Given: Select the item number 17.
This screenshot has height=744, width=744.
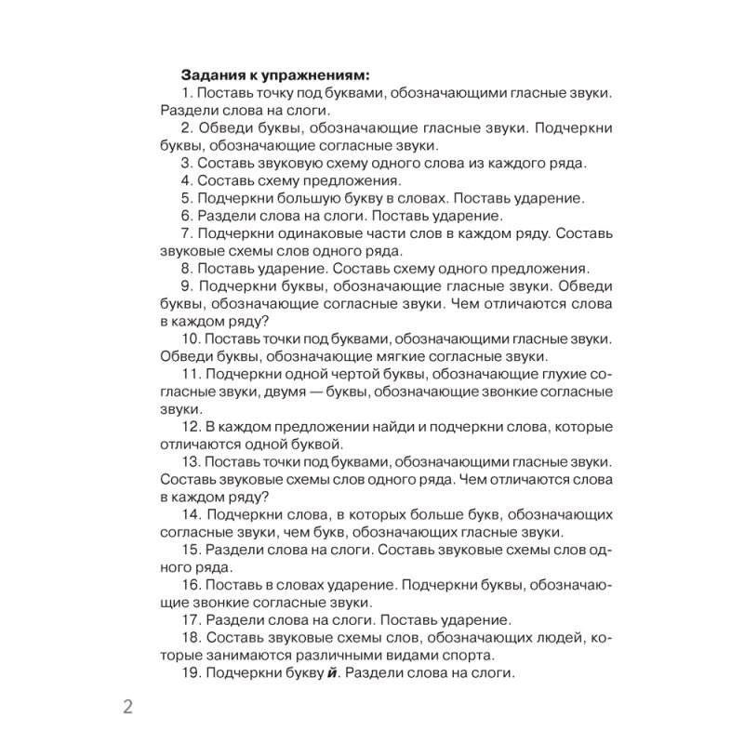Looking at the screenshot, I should click(191, 618).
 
